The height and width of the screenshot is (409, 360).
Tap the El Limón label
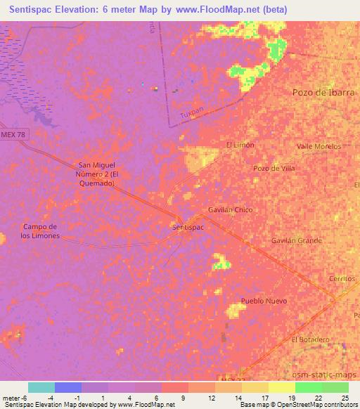(x=240, y=145)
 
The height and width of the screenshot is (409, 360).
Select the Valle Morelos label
(x=319, y=146)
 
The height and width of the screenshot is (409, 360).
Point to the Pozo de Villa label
(x=274, y=169)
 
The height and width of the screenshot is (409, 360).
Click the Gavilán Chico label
(x=230, y=210)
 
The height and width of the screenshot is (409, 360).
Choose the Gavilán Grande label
(x=297, y=240)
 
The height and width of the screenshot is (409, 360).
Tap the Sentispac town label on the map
(x=188, y=228)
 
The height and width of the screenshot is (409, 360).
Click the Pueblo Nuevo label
(x=264, y=301)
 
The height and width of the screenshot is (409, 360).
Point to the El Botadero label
(x=310, y=339)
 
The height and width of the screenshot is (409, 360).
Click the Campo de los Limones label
(x=44, y=231)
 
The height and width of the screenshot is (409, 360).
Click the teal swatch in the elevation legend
(x=41, y=387)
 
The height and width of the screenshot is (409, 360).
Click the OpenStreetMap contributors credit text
(x=321, y=405)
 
